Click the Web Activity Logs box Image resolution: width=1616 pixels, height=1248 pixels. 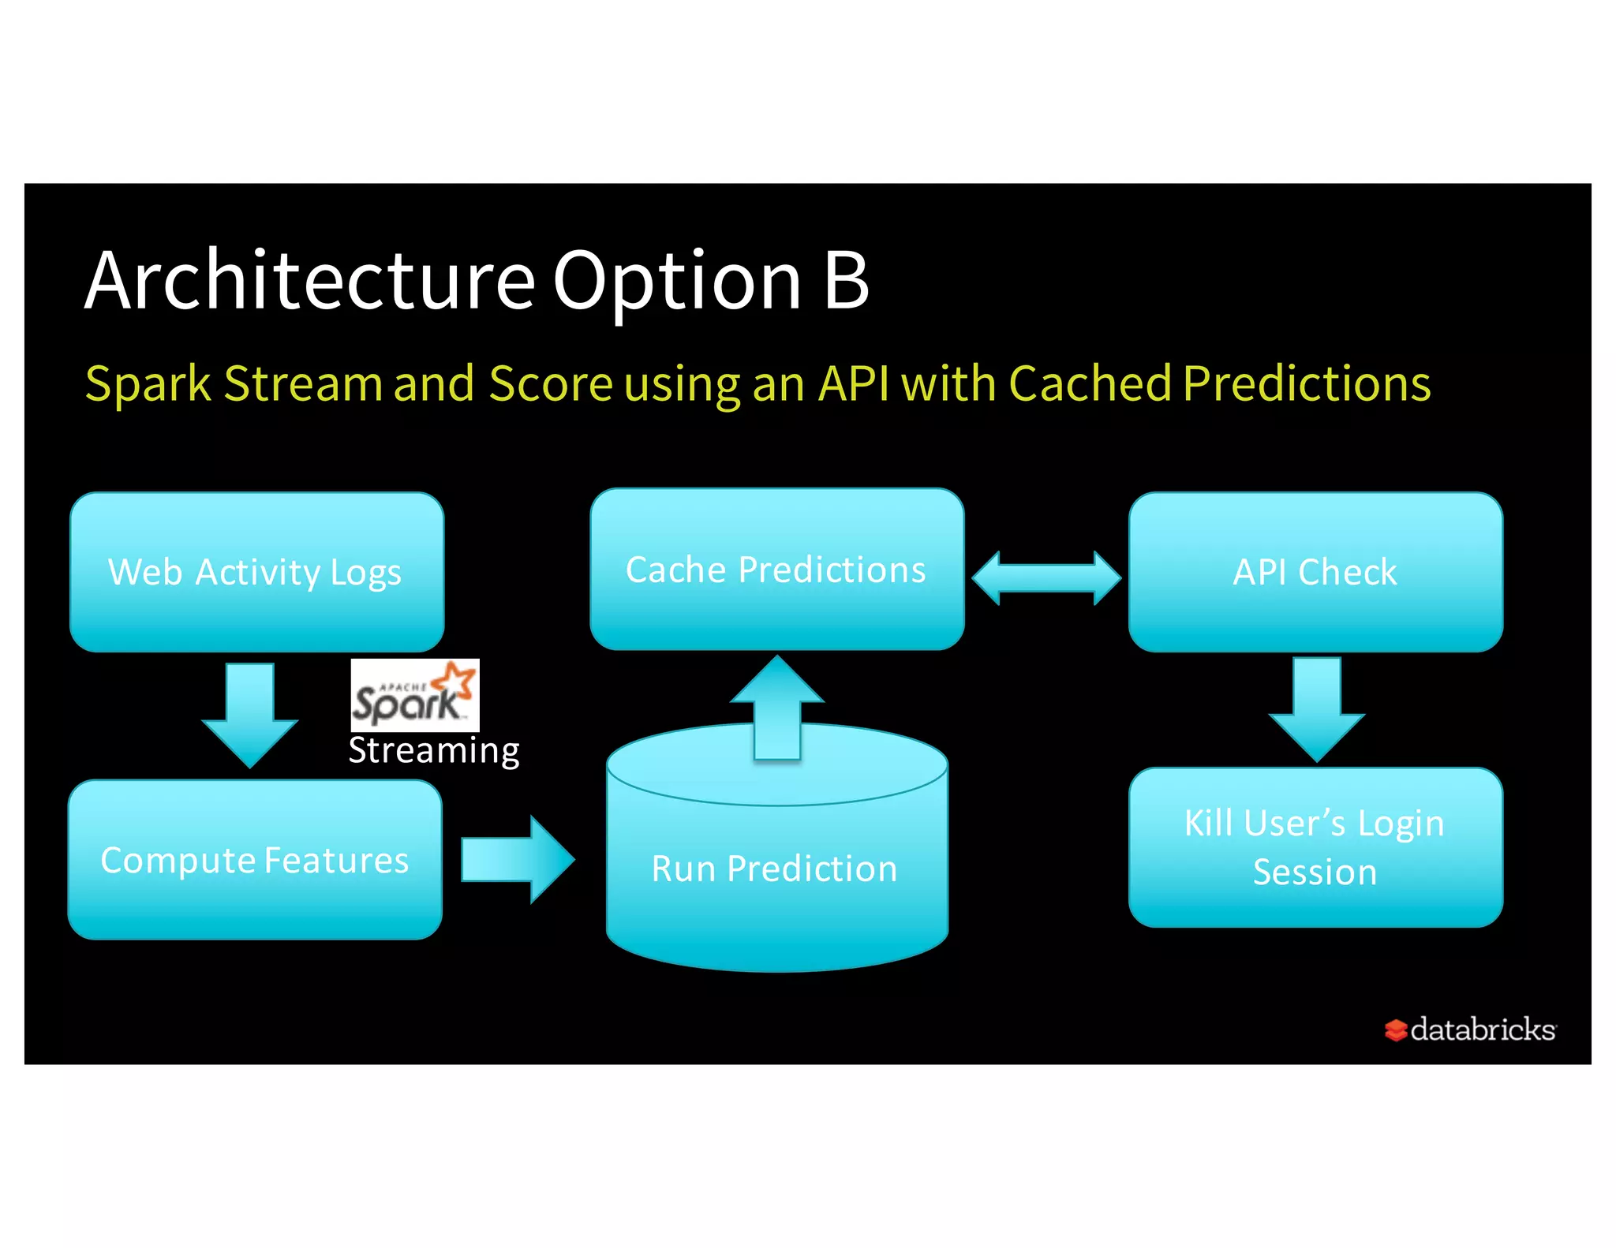pos(256,572)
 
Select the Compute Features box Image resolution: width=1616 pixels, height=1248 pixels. pos(254,860)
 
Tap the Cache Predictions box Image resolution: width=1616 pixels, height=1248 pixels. pos(776,570)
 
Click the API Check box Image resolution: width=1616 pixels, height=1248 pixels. pos(1315,572)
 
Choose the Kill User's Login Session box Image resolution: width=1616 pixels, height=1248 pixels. pos(1315,847)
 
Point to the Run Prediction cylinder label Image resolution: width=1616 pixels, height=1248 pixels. pos(775,869)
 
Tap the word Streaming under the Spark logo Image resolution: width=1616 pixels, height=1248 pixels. pos(434,750)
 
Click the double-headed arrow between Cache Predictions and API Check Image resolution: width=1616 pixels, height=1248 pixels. pos(1046,577)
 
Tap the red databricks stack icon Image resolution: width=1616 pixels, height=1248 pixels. pos(1395,1030)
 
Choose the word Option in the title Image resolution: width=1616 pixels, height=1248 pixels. pos(677,282)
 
